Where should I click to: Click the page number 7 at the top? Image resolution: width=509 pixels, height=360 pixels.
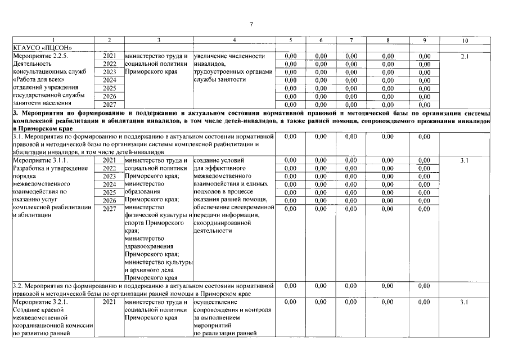251,24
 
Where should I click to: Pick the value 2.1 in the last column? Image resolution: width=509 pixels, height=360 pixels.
465,56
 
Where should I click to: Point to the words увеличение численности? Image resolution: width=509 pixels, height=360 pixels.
229,56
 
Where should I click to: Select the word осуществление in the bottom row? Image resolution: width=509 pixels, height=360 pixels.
218,302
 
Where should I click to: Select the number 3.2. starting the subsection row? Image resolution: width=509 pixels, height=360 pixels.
18,286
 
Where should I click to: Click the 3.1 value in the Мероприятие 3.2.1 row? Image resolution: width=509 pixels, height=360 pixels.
465,302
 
